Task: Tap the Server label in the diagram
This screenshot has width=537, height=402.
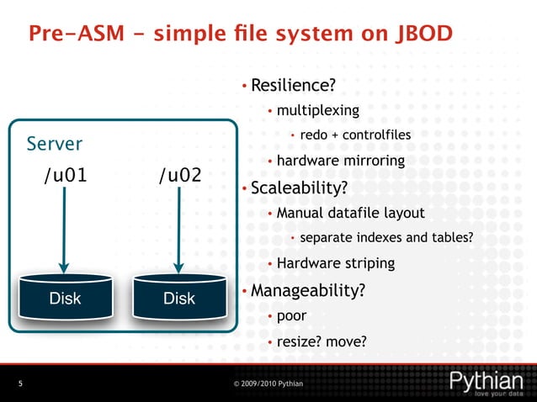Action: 55,144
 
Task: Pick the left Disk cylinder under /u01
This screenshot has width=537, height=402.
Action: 65,297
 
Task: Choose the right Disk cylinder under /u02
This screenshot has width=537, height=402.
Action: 179,297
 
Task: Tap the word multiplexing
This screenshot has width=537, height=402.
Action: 317,110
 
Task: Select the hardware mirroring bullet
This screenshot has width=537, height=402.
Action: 340,161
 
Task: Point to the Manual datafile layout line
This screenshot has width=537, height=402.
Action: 350,213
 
